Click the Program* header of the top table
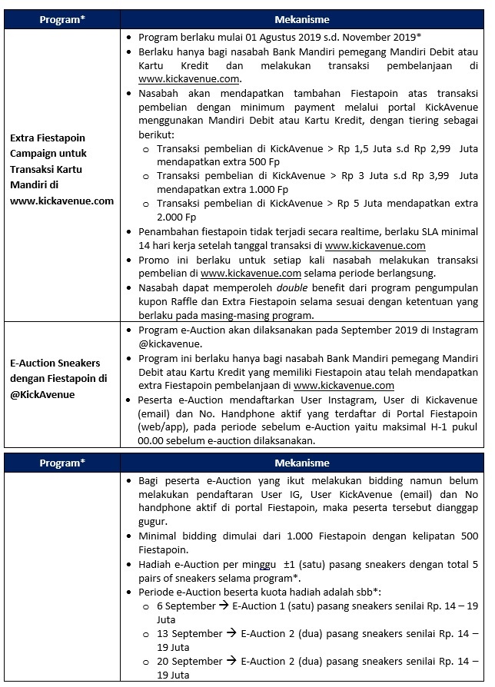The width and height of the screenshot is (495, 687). coord(61,19)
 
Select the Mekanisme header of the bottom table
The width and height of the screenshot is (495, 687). coord(302,463)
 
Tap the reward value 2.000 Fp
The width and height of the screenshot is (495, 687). coord(175,217)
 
